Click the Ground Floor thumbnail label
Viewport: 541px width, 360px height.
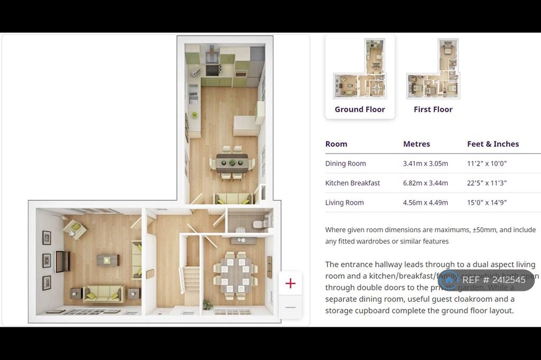coord(360,109)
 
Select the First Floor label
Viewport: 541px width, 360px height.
coord(433,109)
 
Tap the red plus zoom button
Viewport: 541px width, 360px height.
coord(290,283)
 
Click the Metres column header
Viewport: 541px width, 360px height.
coord(416,144)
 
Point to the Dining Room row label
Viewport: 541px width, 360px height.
coord(346,164)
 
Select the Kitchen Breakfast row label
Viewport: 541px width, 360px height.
coord(352,183)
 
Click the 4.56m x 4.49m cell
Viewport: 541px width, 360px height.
coord(425,203)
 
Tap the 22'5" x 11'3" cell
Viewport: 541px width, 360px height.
coord(487,183)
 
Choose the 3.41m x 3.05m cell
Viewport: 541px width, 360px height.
coord(425,164)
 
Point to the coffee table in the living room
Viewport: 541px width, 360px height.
coord(108,260)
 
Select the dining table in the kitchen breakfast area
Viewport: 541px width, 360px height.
coord(232,162)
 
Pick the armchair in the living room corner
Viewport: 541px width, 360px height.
coord(74,229)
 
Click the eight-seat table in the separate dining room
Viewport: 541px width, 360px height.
coord(235,272)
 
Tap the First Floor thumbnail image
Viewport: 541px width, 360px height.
coord(433,69)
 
